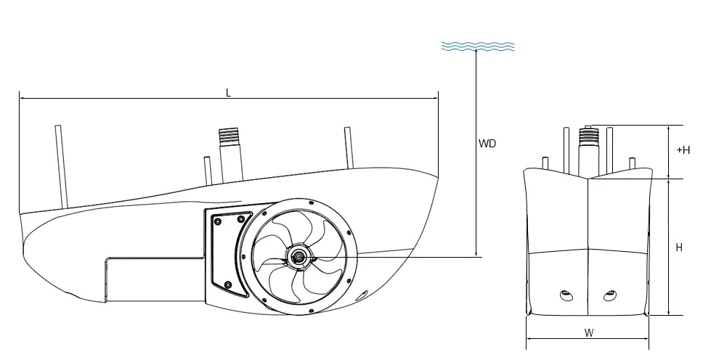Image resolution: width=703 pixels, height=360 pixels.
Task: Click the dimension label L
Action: tap(228, 92)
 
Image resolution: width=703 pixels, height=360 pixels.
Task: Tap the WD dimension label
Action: tap(487, 144)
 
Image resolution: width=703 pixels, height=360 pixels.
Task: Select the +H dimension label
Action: tap(683, 150)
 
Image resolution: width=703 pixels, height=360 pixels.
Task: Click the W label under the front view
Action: tap(588, 333)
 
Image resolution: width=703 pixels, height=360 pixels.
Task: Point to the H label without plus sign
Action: tap(679, 247)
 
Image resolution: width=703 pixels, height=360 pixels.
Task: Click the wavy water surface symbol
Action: tap(479, 46)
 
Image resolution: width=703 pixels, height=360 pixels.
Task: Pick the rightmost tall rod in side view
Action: tap(349, 147)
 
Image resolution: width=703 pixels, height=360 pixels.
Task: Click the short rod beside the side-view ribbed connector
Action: tap(208, 170)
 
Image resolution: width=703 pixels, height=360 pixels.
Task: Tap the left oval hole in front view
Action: tap(566, 295)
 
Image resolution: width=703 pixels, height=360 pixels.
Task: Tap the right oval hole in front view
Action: tap(611, 295)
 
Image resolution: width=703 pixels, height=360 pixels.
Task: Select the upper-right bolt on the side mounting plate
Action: tap(241, 218)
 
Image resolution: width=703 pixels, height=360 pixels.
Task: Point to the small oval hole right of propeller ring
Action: tap(361, 295)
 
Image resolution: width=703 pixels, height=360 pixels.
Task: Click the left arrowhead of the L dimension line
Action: tap(21, 97)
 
